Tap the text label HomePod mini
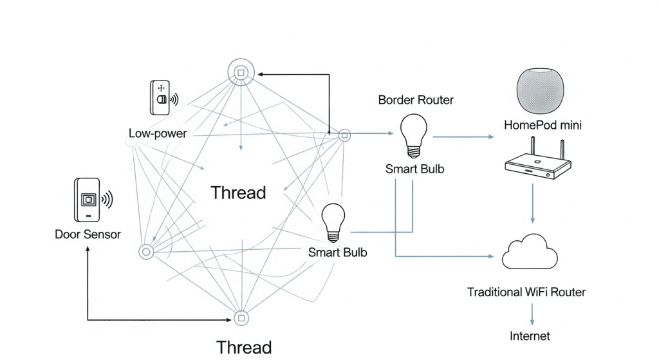(543, 125)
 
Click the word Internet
(530, 336)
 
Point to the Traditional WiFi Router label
(526, 292)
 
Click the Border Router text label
(416, 100)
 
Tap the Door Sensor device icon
(87, 200)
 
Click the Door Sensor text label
(88, 234)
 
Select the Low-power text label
(158, 134)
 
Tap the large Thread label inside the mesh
(238, 192)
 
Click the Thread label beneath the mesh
(243, 347)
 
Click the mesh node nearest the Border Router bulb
(344, 135)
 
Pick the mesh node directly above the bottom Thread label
(241, 318)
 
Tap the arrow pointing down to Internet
(532, 313)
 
